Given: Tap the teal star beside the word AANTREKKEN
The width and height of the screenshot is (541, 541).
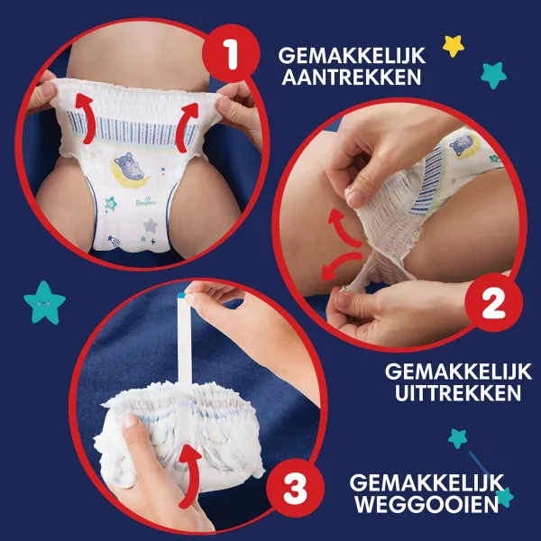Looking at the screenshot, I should (492, 74).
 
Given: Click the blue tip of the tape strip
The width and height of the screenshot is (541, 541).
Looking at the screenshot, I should (186, 292).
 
